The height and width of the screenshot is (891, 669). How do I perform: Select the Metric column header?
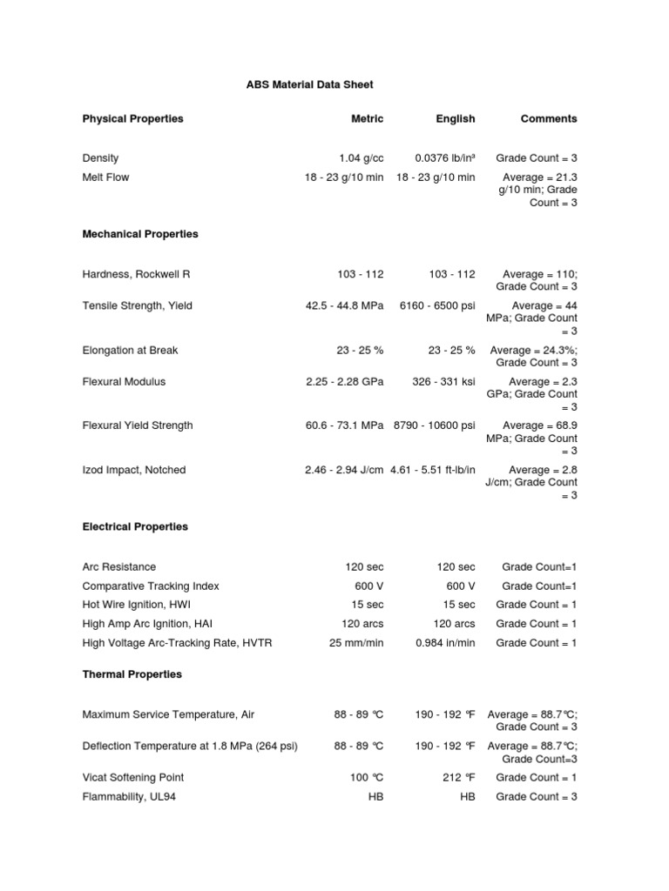click(x=367, y=118)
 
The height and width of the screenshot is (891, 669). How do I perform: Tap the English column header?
click(x=456, y=118)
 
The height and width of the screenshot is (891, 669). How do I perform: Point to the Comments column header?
click(x=549, y=118)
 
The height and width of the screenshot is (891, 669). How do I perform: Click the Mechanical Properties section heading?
click(x=140, y=234)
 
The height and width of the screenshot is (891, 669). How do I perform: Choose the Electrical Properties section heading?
click(x=135, y=526)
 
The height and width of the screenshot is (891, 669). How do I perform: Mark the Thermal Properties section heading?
click(x=132, y=674)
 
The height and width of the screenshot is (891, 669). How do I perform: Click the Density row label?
click(x=100, y=158)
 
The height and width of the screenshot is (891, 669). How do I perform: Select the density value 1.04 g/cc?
click(x=362, y=158)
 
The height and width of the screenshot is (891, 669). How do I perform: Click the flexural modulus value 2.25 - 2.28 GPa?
click(x=345, y=382)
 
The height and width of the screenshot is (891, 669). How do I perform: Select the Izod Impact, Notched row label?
click(x=133, y=470)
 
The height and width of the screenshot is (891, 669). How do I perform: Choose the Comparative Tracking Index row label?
click(x=151, y=586)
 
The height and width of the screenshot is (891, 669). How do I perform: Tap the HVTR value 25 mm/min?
click(x=356, y=642)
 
